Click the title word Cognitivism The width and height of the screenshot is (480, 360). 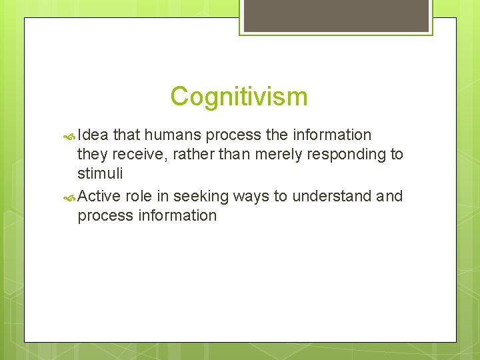point(239,97)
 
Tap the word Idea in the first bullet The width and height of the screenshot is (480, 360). point(93,135)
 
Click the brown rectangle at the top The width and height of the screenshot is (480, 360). point(335,15)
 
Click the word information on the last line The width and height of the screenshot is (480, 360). point(176,215)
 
